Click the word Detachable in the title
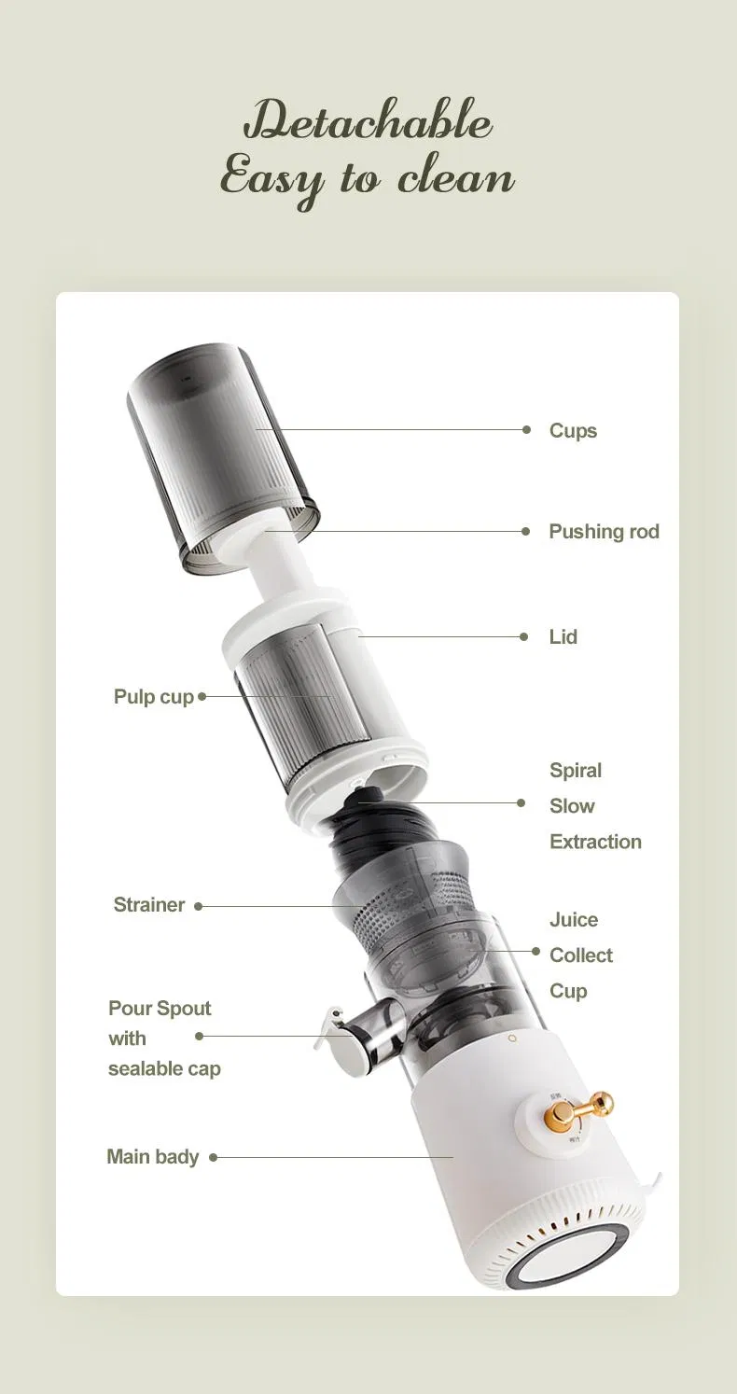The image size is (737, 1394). coord(368,123)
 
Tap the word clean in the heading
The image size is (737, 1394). coord(456,177)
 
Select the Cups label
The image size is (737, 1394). coord(573,431)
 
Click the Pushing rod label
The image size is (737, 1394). coord(604,532)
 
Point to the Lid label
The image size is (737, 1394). coord(563,637)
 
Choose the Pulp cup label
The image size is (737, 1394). coord(153,697)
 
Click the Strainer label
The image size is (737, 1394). coord(149,905)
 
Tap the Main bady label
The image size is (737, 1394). coord(153,1157)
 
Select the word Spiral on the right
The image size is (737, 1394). coord(576,771)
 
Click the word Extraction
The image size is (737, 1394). coord(595,842)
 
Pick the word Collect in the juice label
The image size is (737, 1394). coord(581,955)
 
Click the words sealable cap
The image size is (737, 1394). coord(164,1069)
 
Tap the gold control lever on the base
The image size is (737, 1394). coord(578,1108)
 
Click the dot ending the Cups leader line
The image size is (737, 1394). coord(527,430)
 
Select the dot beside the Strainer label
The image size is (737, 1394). coord(199,906)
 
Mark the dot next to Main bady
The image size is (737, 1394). coord(214,1158)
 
